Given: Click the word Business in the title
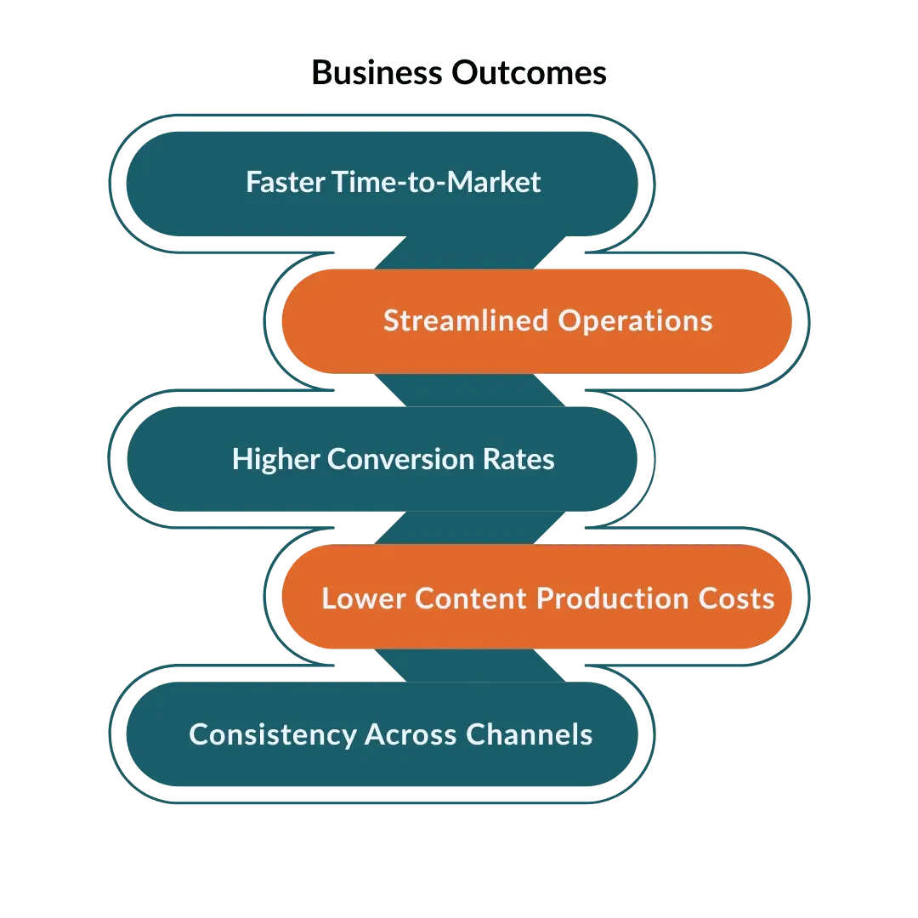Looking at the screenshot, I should [x=377, y=73].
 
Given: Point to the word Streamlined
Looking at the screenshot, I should [x=466, y=320].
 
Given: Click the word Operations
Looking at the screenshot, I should [x=635, y=320].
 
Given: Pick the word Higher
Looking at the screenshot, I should [x=275, y=459].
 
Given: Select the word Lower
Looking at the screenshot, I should [x=364, y=598].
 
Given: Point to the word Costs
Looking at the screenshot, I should [x=736, y=598].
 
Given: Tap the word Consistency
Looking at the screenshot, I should [x=273, y=734].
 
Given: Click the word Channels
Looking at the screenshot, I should [x=529, y=734].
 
